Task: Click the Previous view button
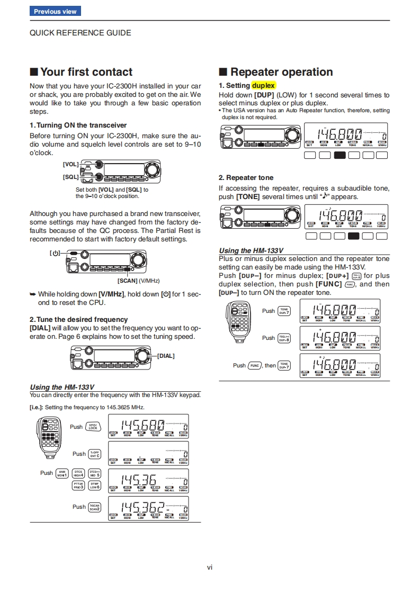55,11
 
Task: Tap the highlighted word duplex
263,85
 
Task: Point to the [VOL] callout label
70,165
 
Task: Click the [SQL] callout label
70,177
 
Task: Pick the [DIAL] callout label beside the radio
166,356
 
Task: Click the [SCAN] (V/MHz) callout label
138,281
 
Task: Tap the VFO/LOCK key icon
93,427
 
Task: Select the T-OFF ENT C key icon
94,454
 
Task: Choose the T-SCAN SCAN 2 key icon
94,507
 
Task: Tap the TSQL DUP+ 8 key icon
284,338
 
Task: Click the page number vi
210,568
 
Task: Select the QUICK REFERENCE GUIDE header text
80,33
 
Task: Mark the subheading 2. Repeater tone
246,178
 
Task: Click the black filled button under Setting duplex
340,155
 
